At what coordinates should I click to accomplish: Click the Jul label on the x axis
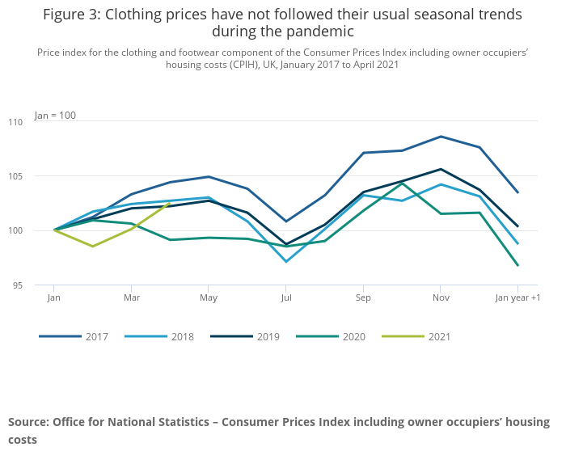tap(285, 297)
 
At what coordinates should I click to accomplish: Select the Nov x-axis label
tap(440, 297)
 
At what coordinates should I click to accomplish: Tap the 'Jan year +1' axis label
tap(517, 297)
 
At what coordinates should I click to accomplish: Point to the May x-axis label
tap(209, 297)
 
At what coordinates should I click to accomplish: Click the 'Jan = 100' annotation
tap(55, 116)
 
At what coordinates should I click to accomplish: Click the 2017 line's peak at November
tap(440, 137)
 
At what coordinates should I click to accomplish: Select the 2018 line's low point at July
tap(285, 261)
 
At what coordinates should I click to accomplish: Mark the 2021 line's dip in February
tap(92, 247)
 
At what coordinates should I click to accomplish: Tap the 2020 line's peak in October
tap(402, 183)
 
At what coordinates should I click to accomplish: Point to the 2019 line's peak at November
tap(440, 169)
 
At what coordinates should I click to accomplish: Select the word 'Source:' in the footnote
tap(28, 422)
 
